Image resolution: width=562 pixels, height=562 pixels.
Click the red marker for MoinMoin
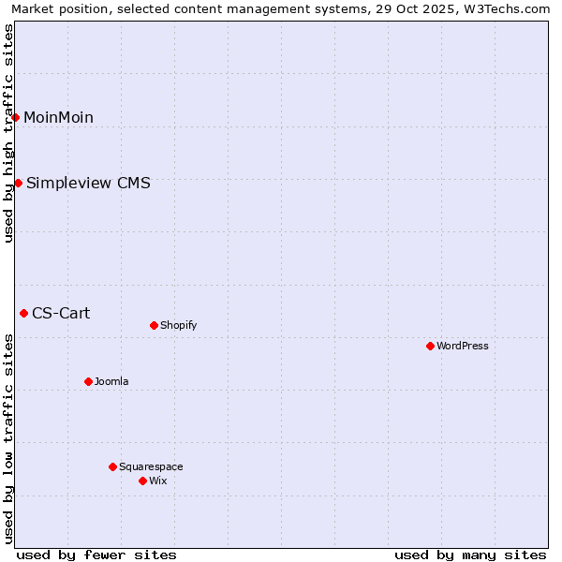tap(16, 117)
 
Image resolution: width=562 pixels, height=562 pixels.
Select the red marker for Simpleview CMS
tap(18, 183)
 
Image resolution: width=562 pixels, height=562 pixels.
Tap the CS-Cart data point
tap(23, 313)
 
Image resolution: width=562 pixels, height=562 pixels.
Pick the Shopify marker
tap(154, 325)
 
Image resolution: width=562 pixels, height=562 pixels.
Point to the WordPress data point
tap(430, 346)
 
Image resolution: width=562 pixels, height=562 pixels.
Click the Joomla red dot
tap(88, 381)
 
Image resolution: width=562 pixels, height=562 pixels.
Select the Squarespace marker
tap(112, 466)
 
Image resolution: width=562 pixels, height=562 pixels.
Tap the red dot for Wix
tap(142, 481)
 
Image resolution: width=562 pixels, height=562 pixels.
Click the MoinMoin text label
tap(58, 117)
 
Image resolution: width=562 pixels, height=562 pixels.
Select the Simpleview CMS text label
tap(88, 183)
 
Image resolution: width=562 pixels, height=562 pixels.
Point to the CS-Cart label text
tap(61, 313)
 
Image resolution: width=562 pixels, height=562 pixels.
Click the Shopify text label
tap(178, 325)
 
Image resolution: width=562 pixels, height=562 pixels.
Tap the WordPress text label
tap(462, 346)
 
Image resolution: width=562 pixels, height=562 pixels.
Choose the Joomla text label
tap(111, 381)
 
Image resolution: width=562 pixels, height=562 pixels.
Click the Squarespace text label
tap(151, 466)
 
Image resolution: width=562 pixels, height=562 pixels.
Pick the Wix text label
tap(157, 481)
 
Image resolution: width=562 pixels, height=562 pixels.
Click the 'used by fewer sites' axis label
tap(96, 555)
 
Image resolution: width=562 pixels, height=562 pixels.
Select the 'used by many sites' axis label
tap(470, 555)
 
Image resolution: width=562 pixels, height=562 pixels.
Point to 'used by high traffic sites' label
tap(8, 133)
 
